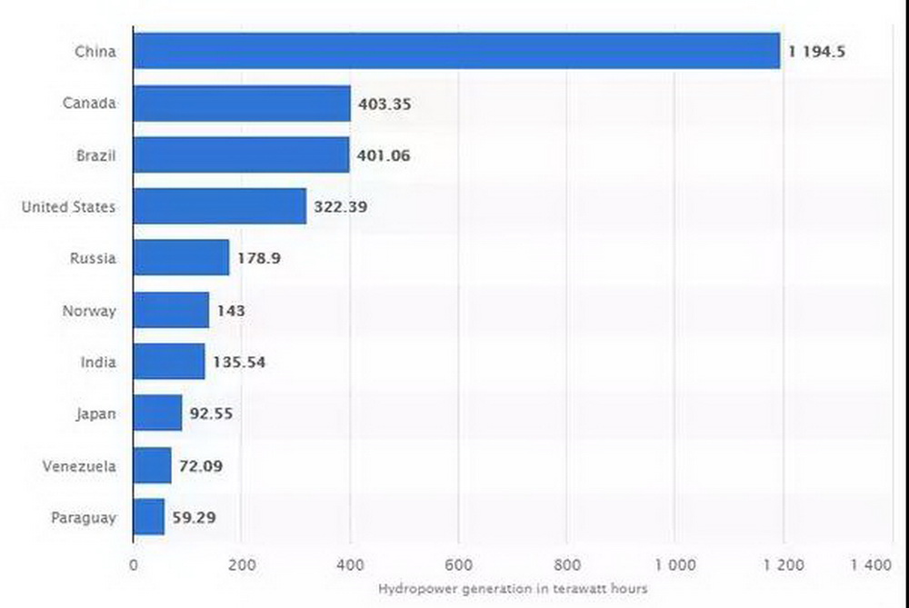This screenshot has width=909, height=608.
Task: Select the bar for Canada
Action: [242, 104]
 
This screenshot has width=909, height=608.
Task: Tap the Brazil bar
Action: [241, 155]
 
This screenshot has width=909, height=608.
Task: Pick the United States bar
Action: [220, 207]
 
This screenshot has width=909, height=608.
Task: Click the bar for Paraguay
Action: [149, 517]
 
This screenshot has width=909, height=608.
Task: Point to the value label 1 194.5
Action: [817, 52]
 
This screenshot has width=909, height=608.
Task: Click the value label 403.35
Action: [385, 104]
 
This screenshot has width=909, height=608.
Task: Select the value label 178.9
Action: [258, 259]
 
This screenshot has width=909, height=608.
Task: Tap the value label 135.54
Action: [239, 363]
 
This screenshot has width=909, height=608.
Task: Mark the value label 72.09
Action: [201, 466]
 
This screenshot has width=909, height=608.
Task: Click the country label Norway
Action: [89, 311]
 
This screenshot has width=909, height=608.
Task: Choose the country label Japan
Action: [95, 414]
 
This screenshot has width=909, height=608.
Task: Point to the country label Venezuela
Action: [79, 466]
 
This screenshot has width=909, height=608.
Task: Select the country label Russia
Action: [93, 259]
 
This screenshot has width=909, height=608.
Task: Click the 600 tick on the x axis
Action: [458, 564]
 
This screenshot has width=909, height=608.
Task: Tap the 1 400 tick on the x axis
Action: [871, 564]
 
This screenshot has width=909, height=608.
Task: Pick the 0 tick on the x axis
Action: [134, 564]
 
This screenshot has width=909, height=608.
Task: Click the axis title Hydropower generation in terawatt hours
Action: [513, 589]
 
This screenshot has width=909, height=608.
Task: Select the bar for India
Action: [169, 362]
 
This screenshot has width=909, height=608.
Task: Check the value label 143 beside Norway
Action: [231, 311]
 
